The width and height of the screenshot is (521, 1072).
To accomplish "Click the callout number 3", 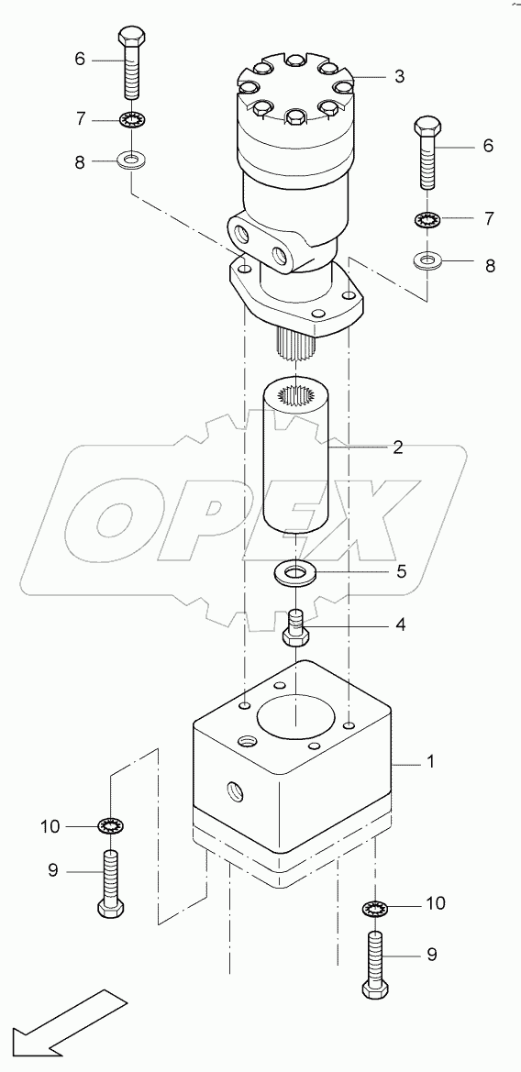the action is pyautogui.click(x=399, y=77).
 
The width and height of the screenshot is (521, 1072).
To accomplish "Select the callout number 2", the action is pyautogui.click(x=397, y=448).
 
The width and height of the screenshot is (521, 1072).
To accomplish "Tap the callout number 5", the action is pyautogui.click(x=402, y=570).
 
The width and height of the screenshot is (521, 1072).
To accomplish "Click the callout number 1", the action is pyautogui.click(x=431, y=761).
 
